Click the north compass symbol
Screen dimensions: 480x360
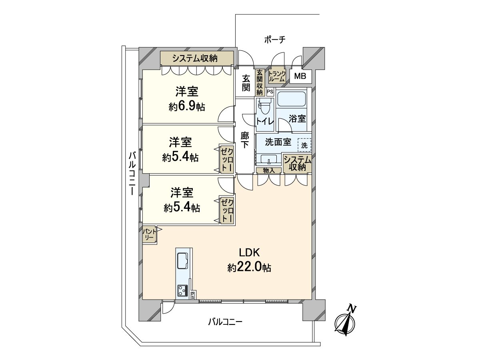345,322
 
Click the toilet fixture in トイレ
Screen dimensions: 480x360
264,108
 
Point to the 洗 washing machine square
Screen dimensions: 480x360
304,145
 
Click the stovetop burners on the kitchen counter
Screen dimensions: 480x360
182,290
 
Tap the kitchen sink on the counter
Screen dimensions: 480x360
184,260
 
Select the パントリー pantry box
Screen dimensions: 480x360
150,235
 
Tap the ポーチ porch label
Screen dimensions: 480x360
274,39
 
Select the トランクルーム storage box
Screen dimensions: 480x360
277,76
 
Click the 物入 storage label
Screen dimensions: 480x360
269,170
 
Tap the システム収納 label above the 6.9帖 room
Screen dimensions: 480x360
195,58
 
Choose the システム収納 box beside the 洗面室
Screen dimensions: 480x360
297,163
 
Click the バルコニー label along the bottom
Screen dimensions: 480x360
225,322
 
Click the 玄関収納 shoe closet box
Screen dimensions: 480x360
260,82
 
